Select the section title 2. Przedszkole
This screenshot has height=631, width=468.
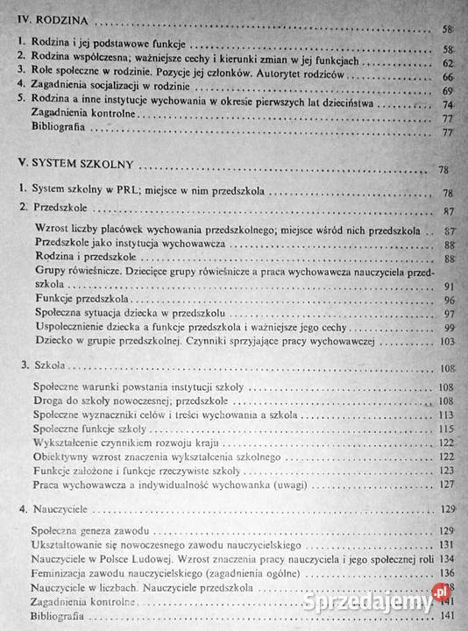[48, 211]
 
